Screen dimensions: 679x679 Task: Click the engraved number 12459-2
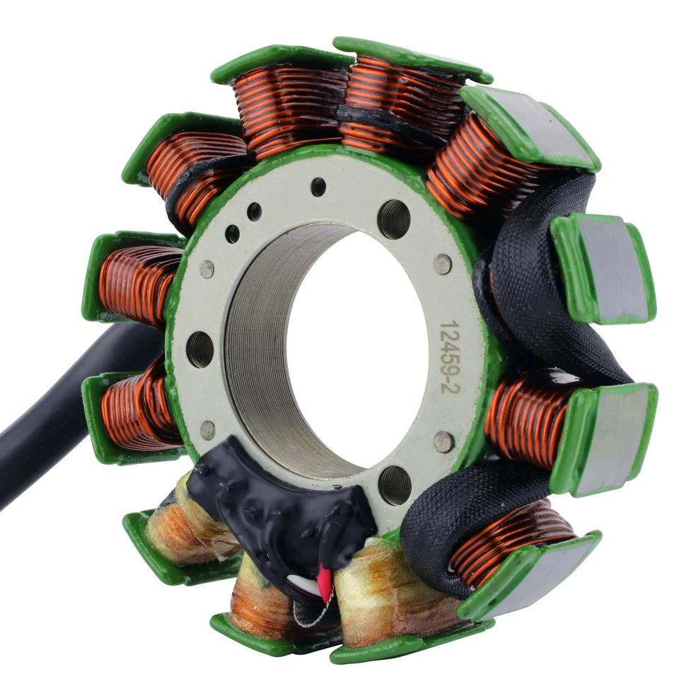coord(451,356)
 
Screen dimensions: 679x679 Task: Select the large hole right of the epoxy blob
coord(394,484)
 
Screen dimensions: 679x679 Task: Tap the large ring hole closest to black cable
coord(200,349)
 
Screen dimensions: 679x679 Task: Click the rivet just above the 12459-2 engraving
coord(442,265)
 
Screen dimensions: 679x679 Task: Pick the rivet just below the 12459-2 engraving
coord(443,441)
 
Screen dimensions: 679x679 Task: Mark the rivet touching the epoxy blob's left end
coord(207,429)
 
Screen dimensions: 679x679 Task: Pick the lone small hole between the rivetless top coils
coord(318,187)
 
